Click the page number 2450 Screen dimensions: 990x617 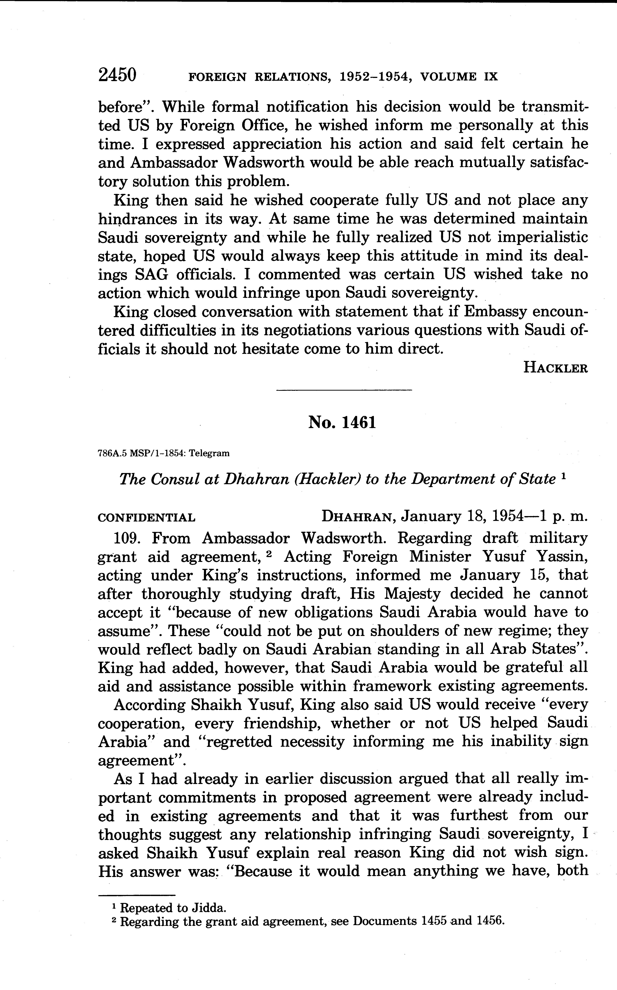click(117, 76)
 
